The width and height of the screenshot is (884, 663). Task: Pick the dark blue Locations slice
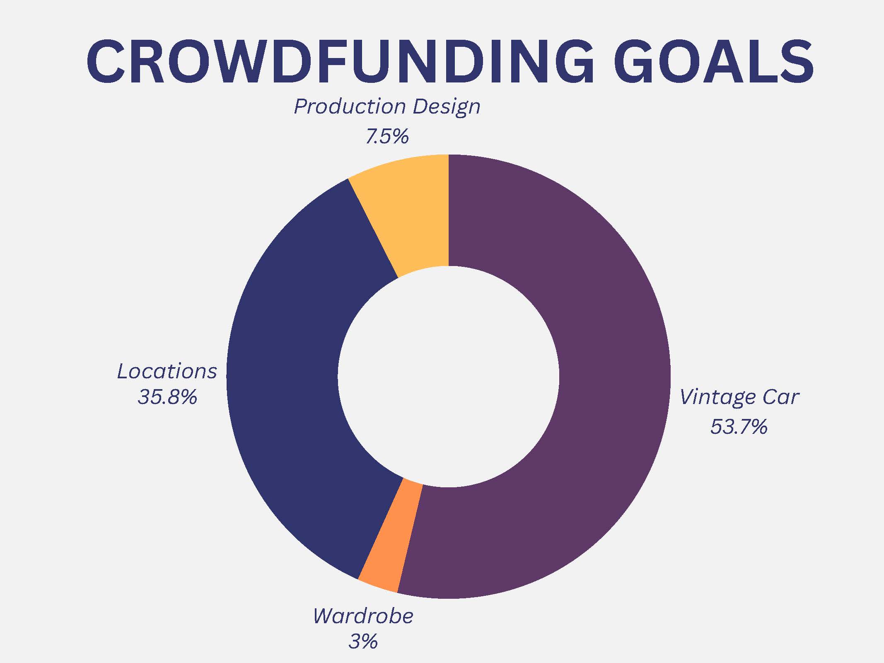click(290, 373)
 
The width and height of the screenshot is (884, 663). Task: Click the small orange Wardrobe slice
click(391, 539)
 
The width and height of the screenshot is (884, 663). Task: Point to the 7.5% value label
click(387, 136)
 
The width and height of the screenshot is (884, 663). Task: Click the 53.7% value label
click(739, 427)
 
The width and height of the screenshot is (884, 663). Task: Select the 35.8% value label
click(167, 397)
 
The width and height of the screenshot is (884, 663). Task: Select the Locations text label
click(167, 371)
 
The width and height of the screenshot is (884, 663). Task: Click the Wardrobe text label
click(363, 616)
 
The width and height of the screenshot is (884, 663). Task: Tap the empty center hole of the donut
click(449, 377)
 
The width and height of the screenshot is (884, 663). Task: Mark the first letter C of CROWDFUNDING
click(105, 62)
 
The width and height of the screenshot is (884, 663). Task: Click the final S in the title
click(796, 62)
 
